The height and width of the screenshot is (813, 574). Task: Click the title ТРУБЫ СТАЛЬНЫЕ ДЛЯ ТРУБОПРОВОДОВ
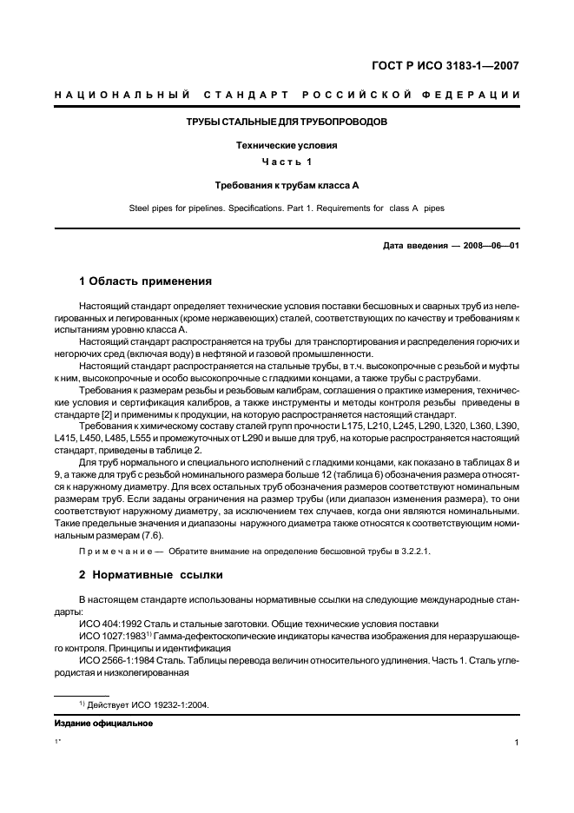[x=287, y=122]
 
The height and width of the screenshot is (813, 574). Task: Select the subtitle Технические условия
[x=287, y=145]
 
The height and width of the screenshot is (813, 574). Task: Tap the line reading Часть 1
[x=287, y=162]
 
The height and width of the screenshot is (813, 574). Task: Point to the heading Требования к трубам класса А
[x=287, y=185]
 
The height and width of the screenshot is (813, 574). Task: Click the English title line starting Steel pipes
[x=287, y=208]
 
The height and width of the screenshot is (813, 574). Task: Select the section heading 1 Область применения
[x=145, y=281]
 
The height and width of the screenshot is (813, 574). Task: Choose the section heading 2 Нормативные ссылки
[x=151, y=574]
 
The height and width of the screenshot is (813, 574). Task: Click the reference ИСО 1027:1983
[x=112, y=636]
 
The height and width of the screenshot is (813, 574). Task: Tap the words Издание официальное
[x=103, y=723]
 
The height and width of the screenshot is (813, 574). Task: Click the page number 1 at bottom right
[x=516, y=743]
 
